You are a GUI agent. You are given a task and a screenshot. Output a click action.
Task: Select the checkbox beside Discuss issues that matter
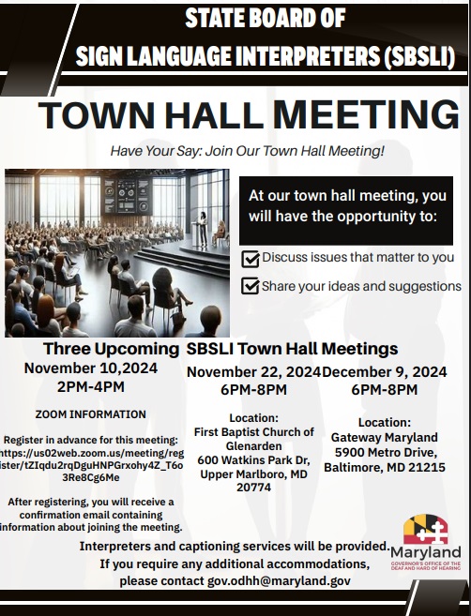pos(251,258)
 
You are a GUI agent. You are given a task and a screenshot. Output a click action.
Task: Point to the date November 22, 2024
pos(253,372)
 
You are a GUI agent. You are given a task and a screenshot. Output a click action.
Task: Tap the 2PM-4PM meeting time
pos(90,385)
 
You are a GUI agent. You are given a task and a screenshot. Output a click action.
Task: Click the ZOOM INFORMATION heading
pos(90,413)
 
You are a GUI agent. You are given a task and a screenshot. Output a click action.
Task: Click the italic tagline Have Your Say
pos(247,150)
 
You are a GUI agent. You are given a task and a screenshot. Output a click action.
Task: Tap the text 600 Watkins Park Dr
pos(253,459)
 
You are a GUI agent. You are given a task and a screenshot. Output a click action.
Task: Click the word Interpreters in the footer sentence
pos(121,546)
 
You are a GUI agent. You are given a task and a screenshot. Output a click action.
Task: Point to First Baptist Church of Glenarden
pos(253,439)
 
